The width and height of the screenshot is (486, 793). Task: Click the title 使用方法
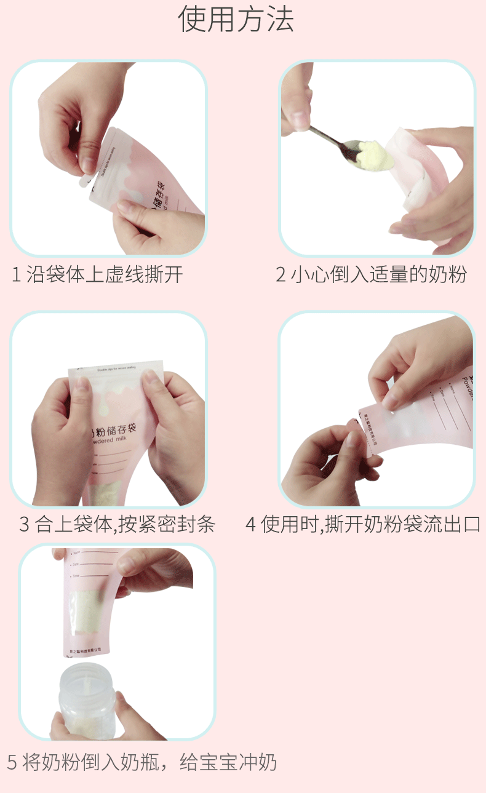[x=236, y=20]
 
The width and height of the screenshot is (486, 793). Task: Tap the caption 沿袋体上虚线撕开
[x=105, y=274]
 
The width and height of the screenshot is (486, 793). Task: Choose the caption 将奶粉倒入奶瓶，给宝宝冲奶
[x=150, y=763]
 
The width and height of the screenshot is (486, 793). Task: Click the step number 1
[x=17, y=274]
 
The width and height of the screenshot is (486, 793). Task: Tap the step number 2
[x=281, y=274]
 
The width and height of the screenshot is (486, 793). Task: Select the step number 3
[x=25, y=525]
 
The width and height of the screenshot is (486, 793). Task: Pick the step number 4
[x=251, y=525]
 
